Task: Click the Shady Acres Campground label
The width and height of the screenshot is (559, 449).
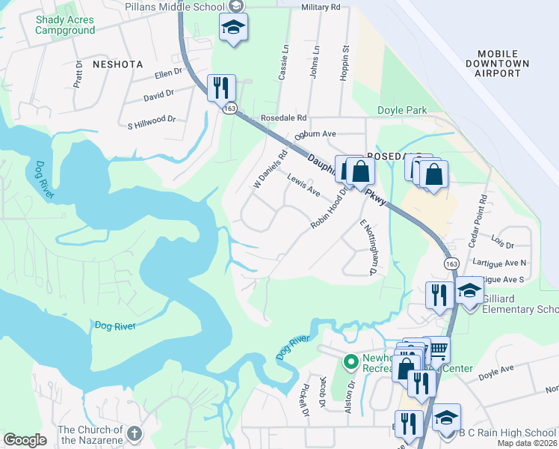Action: tap(65, 25)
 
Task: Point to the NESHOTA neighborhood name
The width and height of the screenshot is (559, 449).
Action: tap(117, 64)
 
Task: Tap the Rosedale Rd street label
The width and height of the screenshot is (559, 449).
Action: tap(283, 118)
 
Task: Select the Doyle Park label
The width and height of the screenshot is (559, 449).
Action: tap(402, 110)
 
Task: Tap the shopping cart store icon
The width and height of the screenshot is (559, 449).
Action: tap(437, 349)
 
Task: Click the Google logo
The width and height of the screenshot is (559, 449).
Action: tap(25, 440)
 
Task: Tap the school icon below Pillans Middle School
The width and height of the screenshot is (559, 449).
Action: tap(233, 28)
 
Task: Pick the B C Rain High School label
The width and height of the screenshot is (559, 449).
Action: tap(507, 433)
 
